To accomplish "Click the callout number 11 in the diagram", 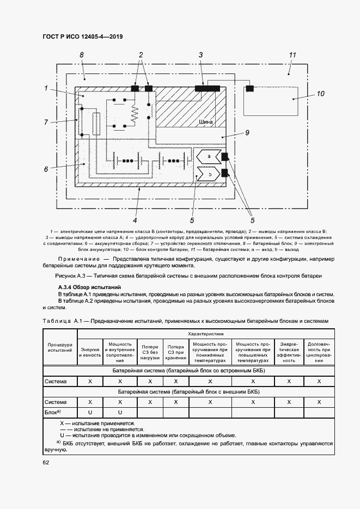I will [292, 55].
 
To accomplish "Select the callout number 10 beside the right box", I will [321, 94].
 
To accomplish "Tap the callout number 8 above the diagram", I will [81, 55].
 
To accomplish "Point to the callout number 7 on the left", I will [46, 122].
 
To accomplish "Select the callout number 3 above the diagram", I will [200, 55].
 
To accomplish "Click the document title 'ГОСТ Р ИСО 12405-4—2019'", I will [82, 36].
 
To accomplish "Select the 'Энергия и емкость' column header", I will [90, 351].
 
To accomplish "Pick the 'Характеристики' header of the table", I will [205, 333].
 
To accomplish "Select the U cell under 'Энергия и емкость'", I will [90, 413].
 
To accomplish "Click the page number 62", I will [46, 463].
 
